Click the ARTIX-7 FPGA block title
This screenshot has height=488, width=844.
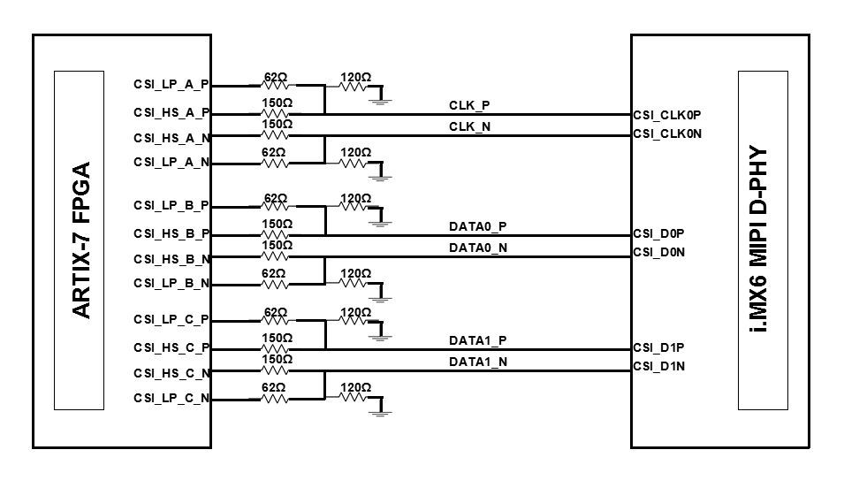(80, 240)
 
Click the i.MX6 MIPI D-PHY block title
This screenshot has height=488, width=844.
(762, 240)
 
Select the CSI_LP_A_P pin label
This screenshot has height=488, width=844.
(171, 86)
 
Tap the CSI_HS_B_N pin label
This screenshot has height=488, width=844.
(171, 259)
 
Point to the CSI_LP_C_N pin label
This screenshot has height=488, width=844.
(171, 399)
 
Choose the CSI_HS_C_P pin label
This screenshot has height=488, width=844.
(171, 348)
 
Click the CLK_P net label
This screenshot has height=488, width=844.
(469, 106)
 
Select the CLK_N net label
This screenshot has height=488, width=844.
(469, 127)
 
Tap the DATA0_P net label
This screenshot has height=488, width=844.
(478, 226)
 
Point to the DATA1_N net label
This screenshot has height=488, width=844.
(478, 362)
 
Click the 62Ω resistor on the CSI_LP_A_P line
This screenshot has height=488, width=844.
(275, 86)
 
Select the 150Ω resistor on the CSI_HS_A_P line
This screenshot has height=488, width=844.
(275, 113)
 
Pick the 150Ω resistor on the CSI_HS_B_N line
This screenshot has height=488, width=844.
(275, 256)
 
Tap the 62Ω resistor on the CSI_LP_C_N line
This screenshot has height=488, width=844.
(275, 399)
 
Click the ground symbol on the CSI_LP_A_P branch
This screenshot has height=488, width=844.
(381, 100)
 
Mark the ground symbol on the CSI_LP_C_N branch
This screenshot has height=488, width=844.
(381, 411)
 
